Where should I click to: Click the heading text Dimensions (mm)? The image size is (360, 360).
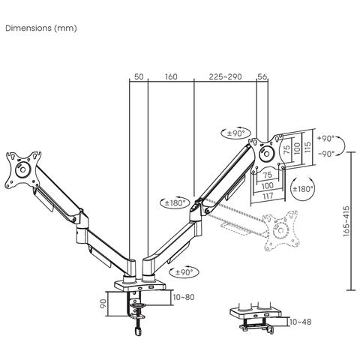[40, 28]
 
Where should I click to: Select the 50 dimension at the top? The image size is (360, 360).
[138, 76]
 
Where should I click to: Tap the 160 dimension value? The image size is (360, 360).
[170, 76]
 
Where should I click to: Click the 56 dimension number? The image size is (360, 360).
[262, 76]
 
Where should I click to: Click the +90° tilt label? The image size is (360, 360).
[326, 139]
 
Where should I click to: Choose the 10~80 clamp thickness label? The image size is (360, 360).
[183, 297]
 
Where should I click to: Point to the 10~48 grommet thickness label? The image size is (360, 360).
[300, 321]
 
